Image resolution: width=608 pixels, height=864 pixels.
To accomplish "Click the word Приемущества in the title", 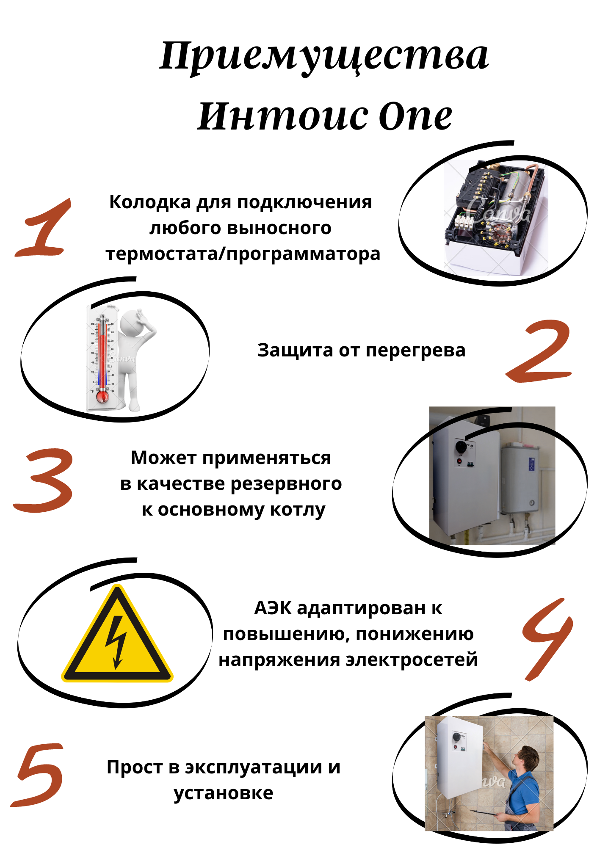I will click(x=324, y=56).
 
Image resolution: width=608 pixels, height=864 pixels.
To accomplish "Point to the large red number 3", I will click(x=44, y=480).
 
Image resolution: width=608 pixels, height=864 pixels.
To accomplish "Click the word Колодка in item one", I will click(x=150, y=202).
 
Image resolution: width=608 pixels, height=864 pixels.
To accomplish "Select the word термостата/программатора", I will click(x=243, y=254).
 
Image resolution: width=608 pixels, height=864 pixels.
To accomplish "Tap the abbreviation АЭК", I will click(x=273, y=608).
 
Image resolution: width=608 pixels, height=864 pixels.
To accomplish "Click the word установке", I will click(x=223, y=793).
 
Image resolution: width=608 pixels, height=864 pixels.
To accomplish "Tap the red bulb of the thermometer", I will click(x=102, y=397).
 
